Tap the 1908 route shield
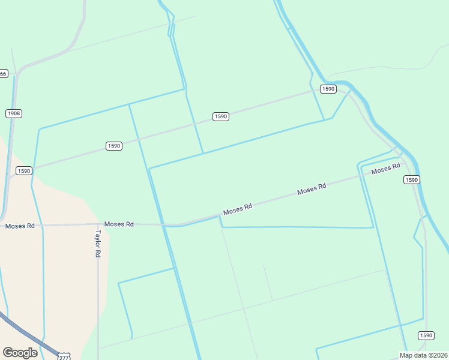pyautogui.click(x=14, y=113)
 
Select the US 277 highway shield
pyautogui.click(x=64, y=357)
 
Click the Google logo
pyautogui.click(x=20, y=353)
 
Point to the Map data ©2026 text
pyautogui.click(x=424, y=355)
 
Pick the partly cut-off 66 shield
pyautogui.click(x=4, y=74)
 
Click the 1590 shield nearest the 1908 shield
pyautogui.click(x=23, y=170)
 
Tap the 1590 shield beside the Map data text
pyautogui.click(x=426, y=335)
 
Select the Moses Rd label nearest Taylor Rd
pyautogui.click(x=119, y=224)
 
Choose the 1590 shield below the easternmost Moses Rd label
pyautogui.click(x=411, y=180)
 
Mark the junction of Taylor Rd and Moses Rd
pyautogui.click(x=98, y=225)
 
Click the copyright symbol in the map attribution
pyautogui.click(x=431, y=355)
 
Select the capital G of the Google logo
pyautogui.click(x=8, y=353)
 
